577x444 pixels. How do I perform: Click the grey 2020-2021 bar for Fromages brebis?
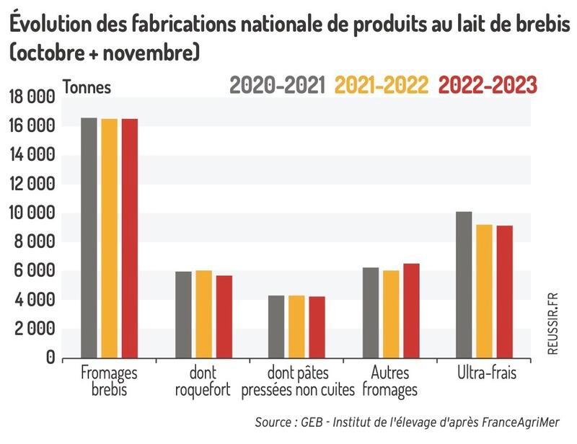89,238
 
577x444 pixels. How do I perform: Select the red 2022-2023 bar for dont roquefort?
224,316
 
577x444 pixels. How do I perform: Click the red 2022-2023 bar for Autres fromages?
411,311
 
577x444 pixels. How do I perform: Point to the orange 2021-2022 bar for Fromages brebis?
109,239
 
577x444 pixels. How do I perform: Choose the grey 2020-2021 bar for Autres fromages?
371,313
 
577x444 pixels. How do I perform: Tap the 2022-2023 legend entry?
488,85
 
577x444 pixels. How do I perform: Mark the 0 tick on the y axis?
50,358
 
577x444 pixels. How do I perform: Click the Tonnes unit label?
87,87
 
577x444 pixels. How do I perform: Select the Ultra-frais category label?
487,374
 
